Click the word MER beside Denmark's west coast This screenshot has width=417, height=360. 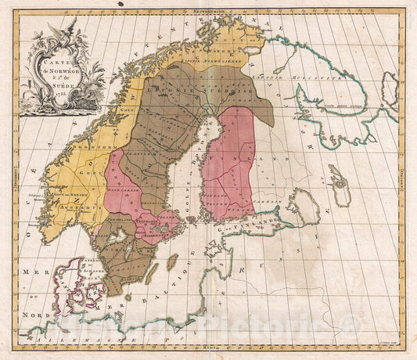[x=32, y=269]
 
